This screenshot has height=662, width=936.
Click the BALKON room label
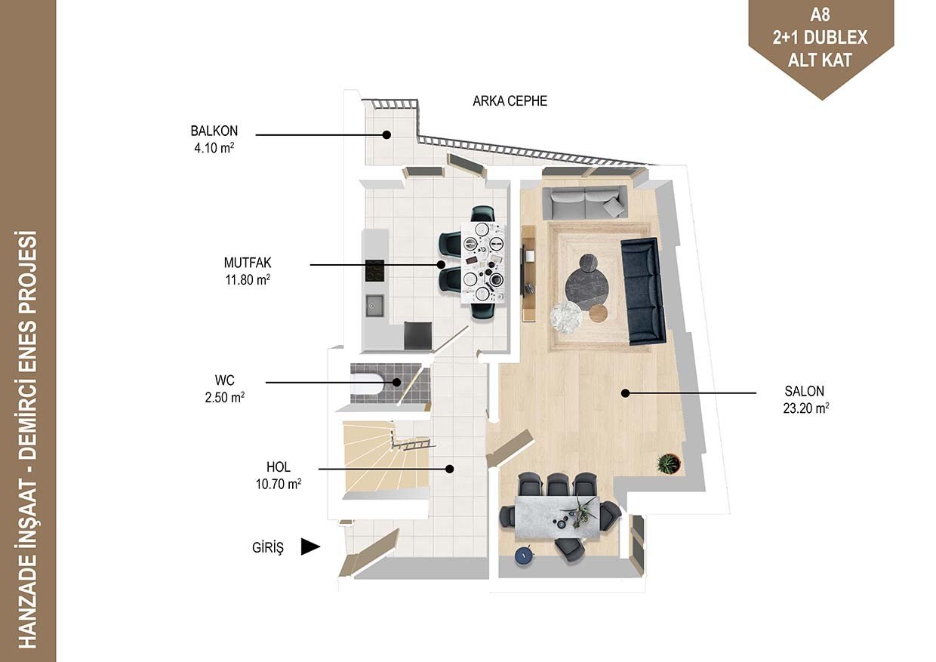pyautogui.click(x=214, y=131)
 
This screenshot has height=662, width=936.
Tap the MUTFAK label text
pyautogui.click(x=248, y=263)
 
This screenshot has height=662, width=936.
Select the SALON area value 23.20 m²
pyautogui.click(x=806, y=408)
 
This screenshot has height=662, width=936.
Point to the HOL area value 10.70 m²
pyautogui.click(x=279, y=484)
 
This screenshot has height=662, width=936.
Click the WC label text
pyautogui.click(x=224, y=380)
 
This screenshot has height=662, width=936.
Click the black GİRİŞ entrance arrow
pyautogui.click(x=310, y=547)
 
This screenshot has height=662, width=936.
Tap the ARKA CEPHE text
pyautogui.click(x=510, y=101)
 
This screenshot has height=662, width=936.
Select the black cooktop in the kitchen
pyautogui.click(x=374, y=270)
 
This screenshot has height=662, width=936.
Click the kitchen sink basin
pyautogui.click(x=375, y=306)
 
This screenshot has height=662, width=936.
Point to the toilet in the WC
pyautogui.click(x=367, y=383)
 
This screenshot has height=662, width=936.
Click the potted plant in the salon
pyautogui.click(x=669, y=463)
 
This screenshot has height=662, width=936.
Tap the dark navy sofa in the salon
pyautogui.click(x=642, y=291)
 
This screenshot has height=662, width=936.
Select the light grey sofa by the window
pyautogui.click(x=584, y=202)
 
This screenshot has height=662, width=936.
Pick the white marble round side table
pyautogui.click(x=566, y=318)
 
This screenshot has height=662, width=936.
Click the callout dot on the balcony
pyautogui.click(x=386, y=135)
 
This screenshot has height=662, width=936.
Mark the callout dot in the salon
pyautogui.click(x=625, y=393)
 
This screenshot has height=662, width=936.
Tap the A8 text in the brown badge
pyautogui.click(x=820, y=15)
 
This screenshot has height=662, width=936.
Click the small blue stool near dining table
pyautogui.click(x=525, y=556)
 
